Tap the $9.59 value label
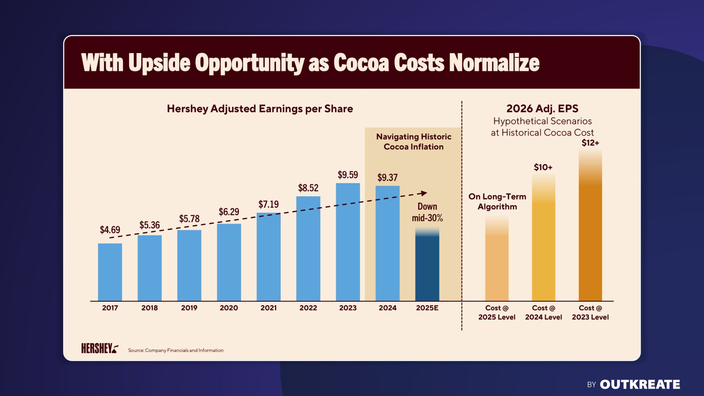pyautogui.click(x=348, y=175)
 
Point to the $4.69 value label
pyautogui.click(x=110, y=230)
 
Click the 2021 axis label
pyautogui.click(x=268, y=308)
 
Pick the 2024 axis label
pyautogui.click(x=387, y=308)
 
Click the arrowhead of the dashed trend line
pyautogui.click(x=424, y=193)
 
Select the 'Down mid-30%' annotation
pyautogui.click(x=427, y=212)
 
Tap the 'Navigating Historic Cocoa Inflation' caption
pyautogui.click(x=414, y=142)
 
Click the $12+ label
pyautogui.click(x=590, y=143)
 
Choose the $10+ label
pyautogui.click(x=543, y=167)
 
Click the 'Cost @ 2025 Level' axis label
pyautogui.click(x=497, y=312)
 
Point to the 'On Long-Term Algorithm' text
pyautogui.click(x=497, y=202)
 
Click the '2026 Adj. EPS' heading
pyautogui.click(x=542, y=109)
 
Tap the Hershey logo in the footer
pyautogui.click(x=100, y=348)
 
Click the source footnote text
pyautogui.click(x=176, y=350)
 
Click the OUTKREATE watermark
pyautogui.click(x=640, y=384)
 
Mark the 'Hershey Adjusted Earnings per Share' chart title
pyautogui.click(x=260, y=109)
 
